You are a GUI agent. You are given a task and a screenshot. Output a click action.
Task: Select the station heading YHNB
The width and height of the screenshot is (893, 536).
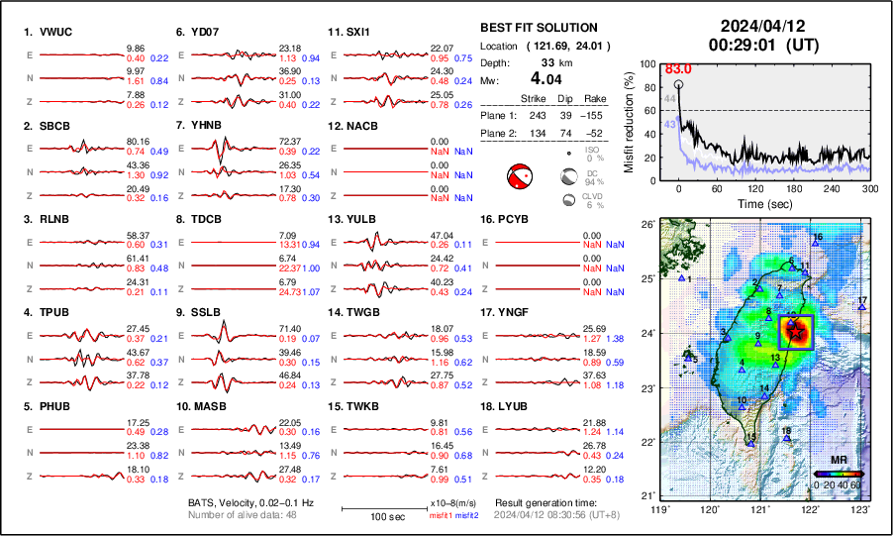pos(206,126)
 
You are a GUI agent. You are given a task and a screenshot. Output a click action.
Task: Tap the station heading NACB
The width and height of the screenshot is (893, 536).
pos(357,126)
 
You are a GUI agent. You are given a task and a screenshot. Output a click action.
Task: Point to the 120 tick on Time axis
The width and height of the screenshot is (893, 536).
pos(757,189)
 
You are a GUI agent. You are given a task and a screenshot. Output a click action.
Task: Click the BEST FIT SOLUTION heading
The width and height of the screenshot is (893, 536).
pos(538,28)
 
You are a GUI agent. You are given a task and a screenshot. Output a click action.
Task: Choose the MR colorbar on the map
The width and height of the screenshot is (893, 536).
pos(839,474)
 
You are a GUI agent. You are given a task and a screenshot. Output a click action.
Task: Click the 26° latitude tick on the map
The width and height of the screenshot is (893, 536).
pos(646,225)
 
